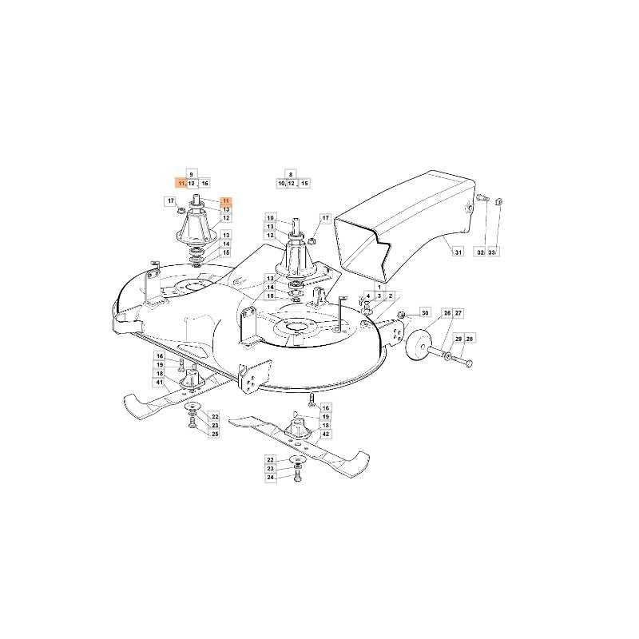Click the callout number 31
458,253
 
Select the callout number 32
479,253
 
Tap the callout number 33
491,253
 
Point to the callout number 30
425,313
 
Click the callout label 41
160,383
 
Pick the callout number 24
270,478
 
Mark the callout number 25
215,435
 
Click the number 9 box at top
191,173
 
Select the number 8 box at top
291,173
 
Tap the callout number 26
447,313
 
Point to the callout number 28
470,339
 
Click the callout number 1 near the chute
379,287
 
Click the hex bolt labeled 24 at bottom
297,477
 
